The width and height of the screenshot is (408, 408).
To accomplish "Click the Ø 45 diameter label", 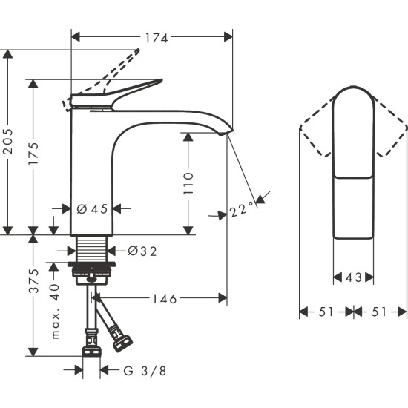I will click(93, 209).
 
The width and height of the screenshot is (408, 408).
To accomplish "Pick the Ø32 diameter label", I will click(142, 251).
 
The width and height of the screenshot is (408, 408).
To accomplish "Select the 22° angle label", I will click(240, 211).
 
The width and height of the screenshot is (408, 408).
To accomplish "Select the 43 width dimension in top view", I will click(354, 277).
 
